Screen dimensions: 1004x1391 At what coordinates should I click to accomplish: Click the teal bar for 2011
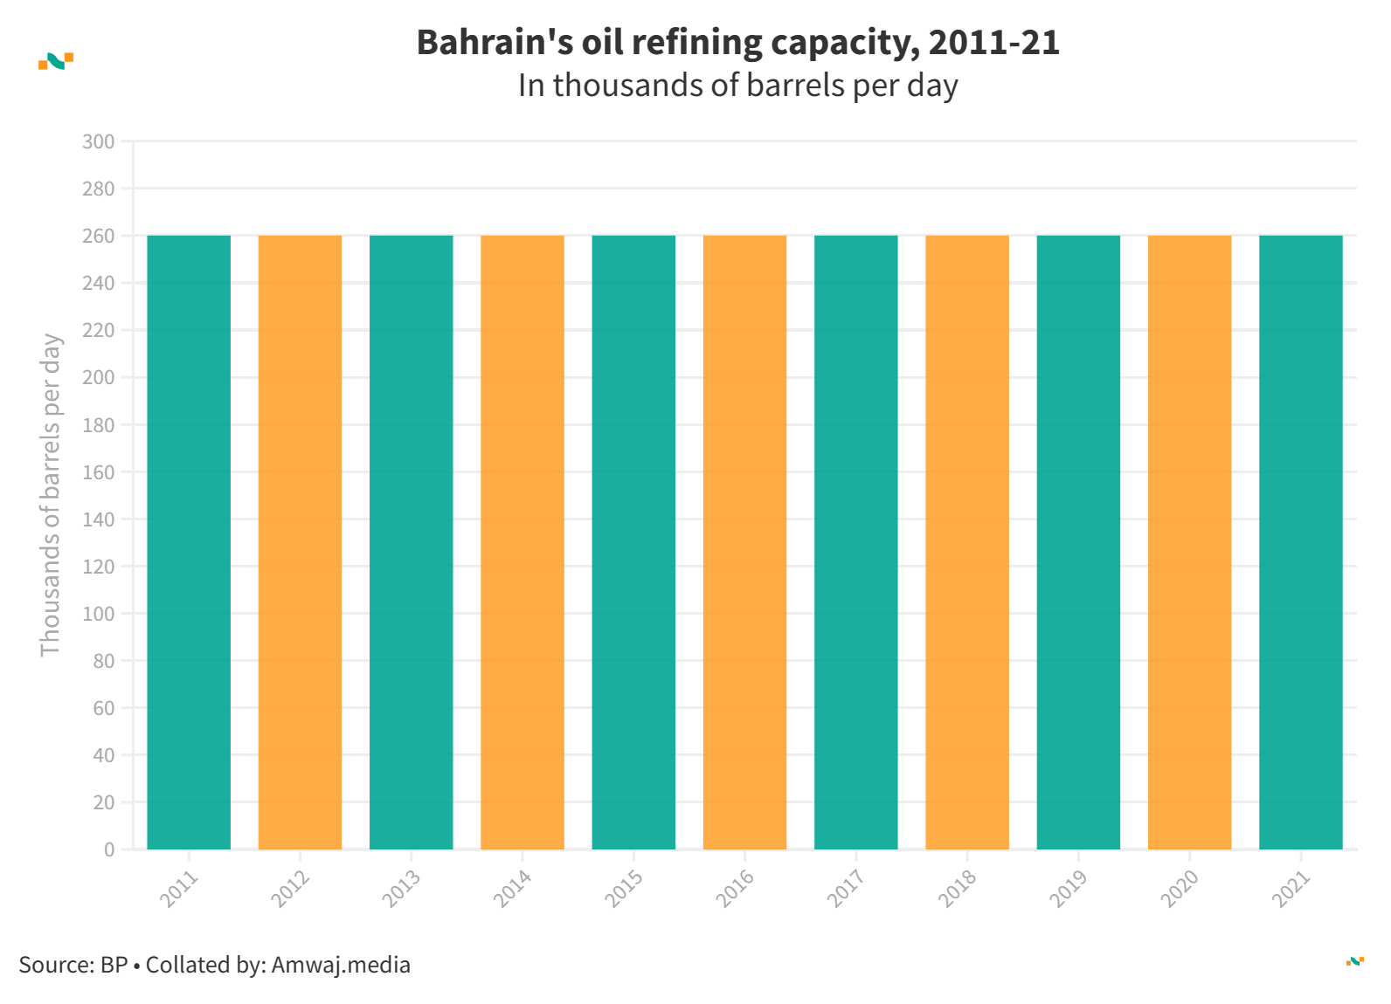pyautogui.click(x=189, y=541)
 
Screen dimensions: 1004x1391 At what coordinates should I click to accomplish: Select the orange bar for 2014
pyautogui.click(x=522, y=541)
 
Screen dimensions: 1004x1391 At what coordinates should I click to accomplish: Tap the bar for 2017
pyautogui.click(x=856, y=541)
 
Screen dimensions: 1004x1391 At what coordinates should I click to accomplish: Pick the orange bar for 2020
pyautogui.click(x=1189, y=541)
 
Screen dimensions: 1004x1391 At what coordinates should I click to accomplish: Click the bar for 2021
pyautogui.click(x=1301, y=541)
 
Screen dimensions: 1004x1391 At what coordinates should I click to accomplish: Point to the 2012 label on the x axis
pyautogui.click(x=291, y=889)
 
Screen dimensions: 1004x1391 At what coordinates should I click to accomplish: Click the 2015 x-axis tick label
pyautogui.click(x=625, y=889)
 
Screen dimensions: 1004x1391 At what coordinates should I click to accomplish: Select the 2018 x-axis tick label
pyautogui.click(x=958, y=889)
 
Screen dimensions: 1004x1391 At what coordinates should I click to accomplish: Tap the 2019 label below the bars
pyautogui.click(x=1069, y=889)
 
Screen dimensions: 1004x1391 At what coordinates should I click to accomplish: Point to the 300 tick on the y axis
pyautogui.click(x=98, y=141)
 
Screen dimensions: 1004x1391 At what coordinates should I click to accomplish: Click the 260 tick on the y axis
pyautogui.click(x=98, y=236)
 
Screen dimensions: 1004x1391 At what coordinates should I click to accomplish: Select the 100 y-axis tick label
pyautogui.click(x=98, y=614)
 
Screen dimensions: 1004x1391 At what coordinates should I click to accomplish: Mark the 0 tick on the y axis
pyautogui.click(x=109, y=849)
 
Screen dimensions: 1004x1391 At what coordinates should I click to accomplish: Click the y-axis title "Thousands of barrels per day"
pyautogui.click(x=51, y=495)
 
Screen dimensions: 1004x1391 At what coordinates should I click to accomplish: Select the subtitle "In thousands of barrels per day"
pyautogui.click(x=737, y=86)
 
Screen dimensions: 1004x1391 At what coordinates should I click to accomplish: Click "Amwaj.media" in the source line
pyautogui.click(x=341, y=965)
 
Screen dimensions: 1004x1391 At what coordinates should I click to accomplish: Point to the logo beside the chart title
pyautogui.click(x=56, y=61)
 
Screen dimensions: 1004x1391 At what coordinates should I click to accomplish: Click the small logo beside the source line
pyautogui.click(x=1355, y=961)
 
